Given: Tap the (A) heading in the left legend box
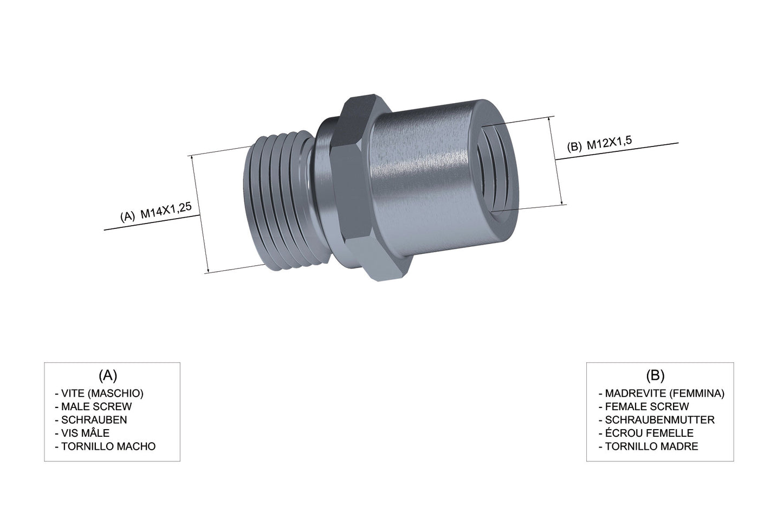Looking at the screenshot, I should click(108, 375).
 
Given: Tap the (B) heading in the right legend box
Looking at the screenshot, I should click(655, 375).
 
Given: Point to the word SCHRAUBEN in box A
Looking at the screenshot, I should click(91, 420).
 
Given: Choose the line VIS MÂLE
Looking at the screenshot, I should click(82, 433).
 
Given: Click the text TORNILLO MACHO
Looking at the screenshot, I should click(105, 447).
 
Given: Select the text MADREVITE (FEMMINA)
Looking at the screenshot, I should click(661, 393).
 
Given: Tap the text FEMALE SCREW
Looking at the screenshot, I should click(643, 406).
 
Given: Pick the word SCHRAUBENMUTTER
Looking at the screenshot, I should click(656, 420).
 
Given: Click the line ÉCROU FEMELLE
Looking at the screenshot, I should click(645, 433).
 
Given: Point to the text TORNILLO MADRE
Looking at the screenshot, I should click(648, 447).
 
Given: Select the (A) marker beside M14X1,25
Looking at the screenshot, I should click(127, 216).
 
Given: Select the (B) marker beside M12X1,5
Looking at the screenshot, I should click(574, 146).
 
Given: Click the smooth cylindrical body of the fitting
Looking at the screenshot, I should click(423, 174).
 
